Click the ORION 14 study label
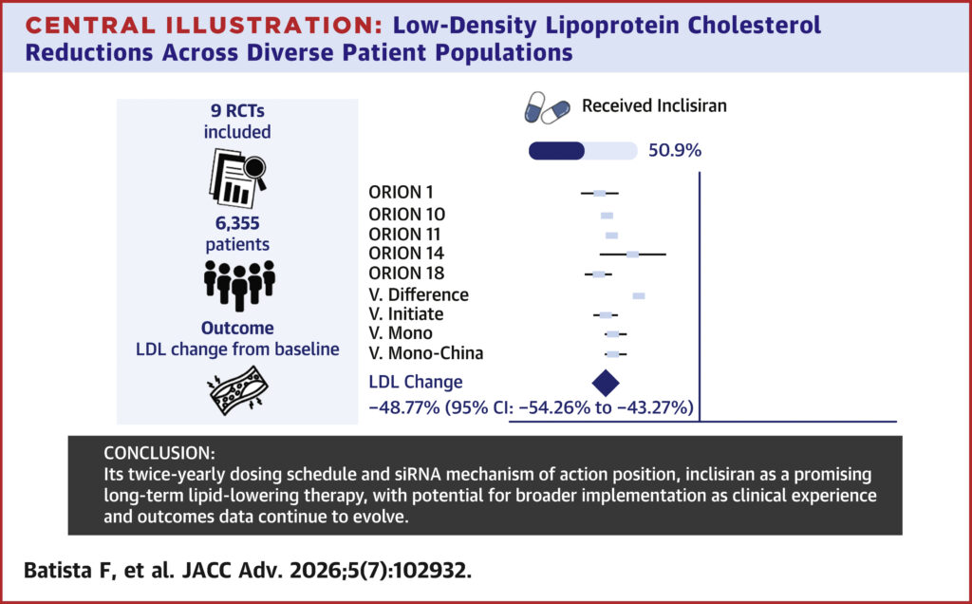coord(406,254)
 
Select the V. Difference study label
coord(419,294)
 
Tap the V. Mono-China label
coord(426,353)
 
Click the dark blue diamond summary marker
coord(606,382)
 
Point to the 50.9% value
coord(675,151)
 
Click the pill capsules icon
coord(547,108)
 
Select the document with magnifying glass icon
coord(237,178)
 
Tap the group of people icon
coord(239,285)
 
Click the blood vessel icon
coord(238,390)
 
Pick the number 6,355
coord(237,223)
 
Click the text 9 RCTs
coord(237,111)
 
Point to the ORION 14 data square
coord(632,255)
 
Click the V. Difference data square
coord(639,295)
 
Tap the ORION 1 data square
coord(600,194)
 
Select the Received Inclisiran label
coord(654,106)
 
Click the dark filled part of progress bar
coord(556,151)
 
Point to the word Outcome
coord(237,328)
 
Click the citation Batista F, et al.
coord(99,571)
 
